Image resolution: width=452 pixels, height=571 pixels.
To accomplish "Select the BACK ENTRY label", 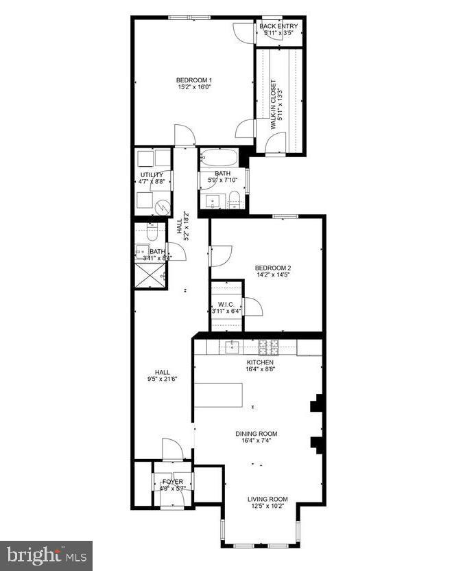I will (278, 26).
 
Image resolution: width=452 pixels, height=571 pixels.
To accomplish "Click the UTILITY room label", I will (152, 175).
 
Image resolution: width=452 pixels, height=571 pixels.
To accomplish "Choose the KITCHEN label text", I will (260, 362).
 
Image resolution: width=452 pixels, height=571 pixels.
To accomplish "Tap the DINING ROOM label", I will (257, 434).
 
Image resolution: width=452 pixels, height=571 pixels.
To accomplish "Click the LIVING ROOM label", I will (267, 499).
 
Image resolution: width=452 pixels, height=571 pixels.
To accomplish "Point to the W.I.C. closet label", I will (227, 303).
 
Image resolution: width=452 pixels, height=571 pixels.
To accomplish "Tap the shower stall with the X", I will (150, 276).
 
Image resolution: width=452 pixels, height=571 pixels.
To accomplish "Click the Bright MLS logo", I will (46, 555).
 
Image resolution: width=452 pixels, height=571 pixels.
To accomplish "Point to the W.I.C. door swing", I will (252, 307).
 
